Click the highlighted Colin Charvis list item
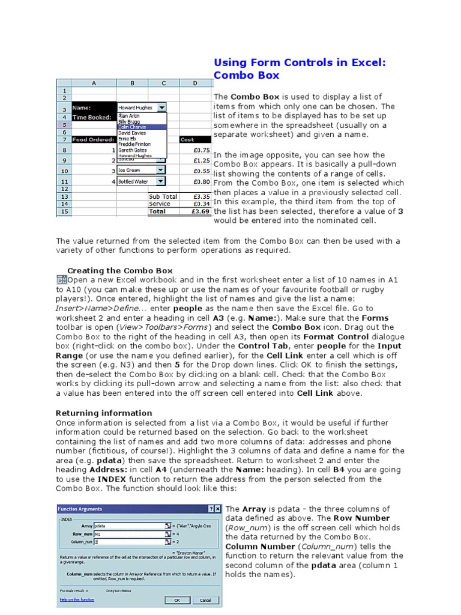pos(135,127)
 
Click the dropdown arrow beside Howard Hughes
pos(161,108)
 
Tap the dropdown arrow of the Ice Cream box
pos(160,170)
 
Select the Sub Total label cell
pos(163,196)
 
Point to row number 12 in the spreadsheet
pos(64,189)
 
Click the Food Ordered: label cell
pos(94,139)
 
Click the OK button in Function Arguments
pos(177,599)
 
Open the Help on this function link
pos(77,599)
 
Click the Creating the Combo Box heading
pos(119,271)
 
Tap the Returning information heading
pos(104,413)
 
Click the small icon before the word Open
pos(61,280)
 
